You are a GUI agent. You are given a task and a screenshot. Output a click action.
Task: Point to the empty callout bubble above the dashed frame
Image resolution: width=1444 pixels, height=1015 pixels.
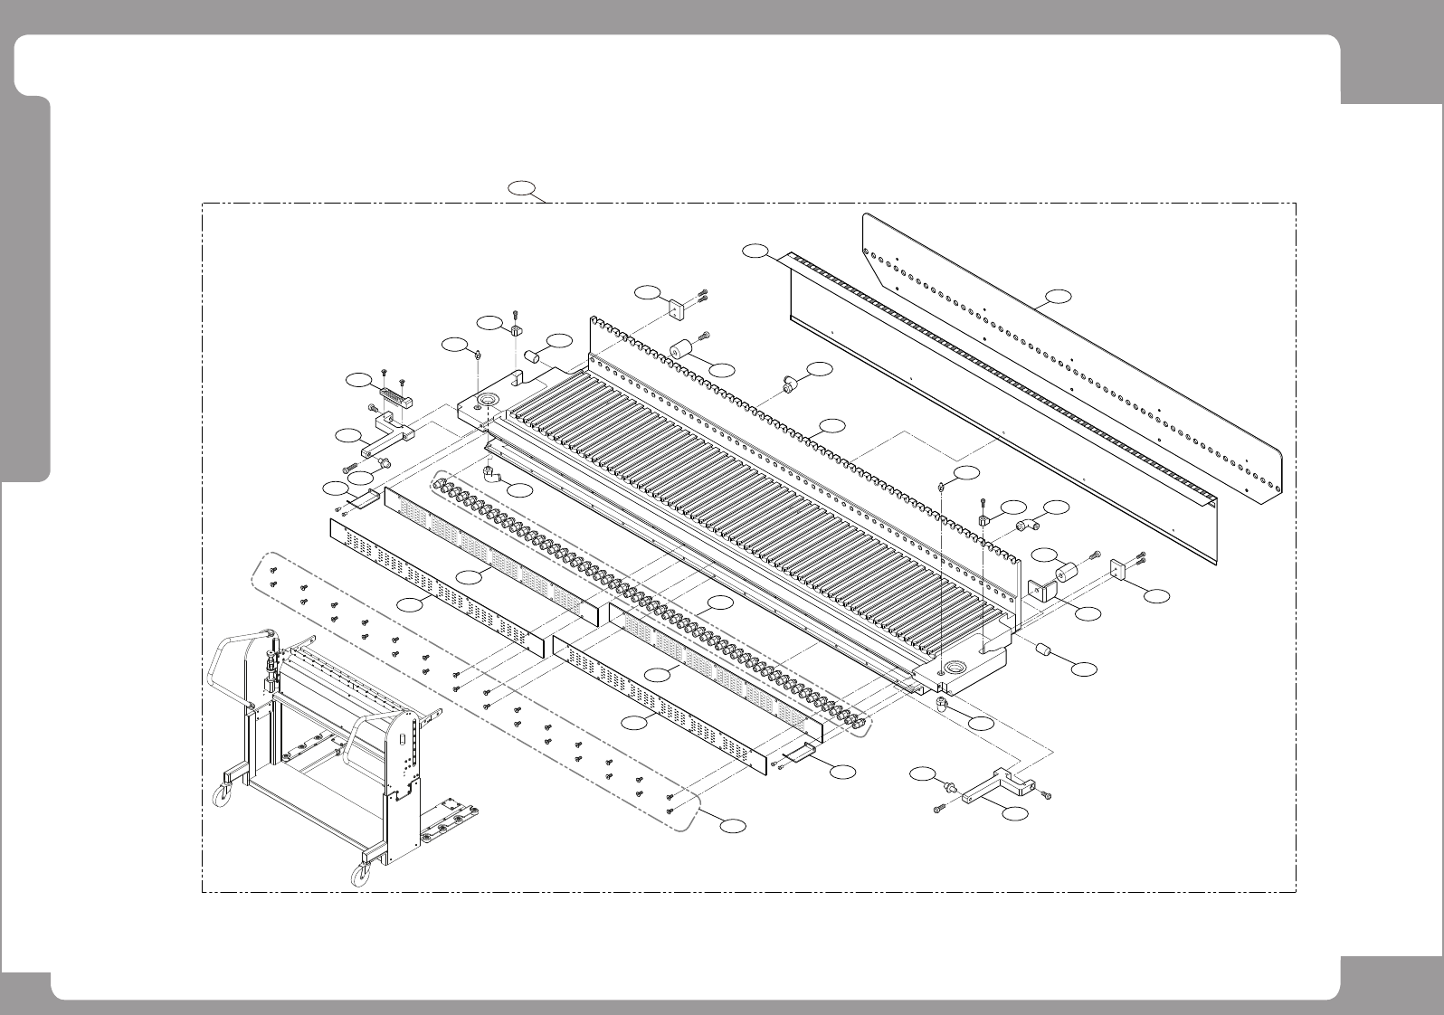[x=520, y=188]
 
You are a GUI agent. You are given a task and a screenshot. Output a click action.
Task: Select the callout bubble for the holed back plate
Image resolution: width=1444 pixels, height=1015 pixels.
[x=1059, y=296]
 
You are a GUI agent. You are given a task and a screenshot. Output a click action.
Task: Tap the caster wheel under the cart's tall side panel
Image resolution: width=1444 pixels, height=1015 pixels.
[x=362, y=874]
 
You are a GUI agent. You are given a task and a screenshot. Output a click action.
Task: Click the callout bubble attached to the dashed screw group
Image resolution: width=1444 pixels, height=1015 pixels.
[x=734, y=825]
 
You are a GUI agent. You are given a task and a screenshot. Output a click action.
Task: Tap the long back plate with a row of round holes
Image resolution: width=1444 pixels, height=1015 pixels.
[x=1068, y=362]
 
